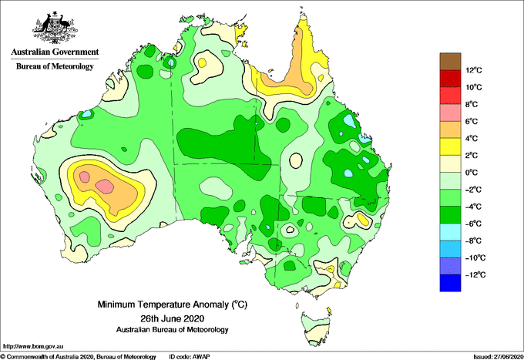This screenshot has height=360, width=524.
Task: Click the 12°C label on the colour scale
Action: pyautogui.click(x=474, y=70)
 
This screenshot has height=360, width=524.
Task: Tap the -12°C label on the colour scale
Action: pyautogui.click(x=475, y=274)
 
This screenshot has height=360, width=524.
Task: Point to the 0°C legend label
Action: pyautogui.click(x=472, y=173)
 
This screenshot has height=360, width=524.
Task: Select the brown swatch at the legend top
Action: pyautogui.click(x=450, y=62)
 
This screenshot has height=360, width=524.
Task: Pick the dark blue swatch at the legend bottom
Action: pyautogui.click(x=450, y=283)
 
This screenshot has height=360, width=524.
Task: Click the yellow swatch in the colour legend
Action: pyautogui.click(x=450, y=146)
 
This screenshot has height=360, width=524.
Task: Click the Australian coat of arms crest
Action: pyautogui.click(x=55, y=28)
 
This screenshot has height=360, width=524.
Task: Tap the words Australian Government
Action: pyautogui.click(x=55, y=52)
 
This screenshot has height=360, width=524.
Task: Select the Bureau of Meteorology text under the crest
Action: pyautogui.click(x=55, y=66)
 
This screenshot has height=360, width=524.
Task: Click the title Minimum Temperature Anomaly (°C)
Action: pyautogui.click(x=172, y=304)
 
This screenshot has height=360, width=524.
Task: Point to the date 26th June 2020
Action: pyautogui.click(x=172, y=318)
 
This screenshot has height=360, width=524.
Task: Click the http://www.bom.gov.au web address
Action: pyautogui.click(x=33, y=346)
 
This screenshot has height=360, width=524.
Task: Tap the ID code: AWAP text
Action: pyautogui.click(x=190, y=357)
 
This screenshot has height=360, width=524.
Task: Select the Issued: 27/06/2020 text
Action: pyautogui.click(x=498, y=357)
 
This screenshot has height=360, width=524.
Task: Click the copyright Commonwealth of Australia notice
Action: pyautogui.click(x=79, y=357)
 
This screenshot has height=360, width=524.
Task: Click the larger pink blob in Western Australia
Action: pyautogui.click(x=105, y=187)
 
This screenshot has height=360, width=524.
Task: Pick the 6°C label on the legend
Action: pyautogui.click(x=472, y=121)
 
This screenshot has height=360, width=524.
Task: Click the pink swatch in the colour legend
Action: pyautogui.click(x=450, y=113)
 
